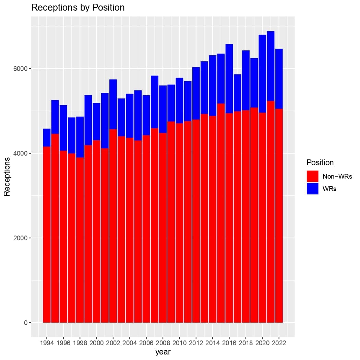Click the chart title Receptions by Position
78,8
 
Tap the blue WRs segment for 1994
47,137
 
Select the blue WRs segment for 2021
271,66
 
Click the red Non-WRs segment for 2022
279,216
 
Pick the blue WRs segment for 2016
229,79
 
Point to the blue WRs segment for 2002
113,105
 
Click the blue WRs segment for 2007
155,102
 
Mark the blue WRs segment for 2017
237,93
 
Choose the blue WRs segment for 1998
80,137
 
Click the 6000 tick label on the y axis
20,69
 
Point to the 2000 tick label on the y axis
20,238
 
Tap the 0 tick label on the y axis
26,323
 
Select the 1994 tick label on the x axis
47,343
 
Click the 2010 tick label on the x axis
179,343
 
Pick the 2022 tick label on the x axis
279,343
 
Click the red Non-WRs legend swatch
312,176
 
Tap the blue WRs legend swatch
312,189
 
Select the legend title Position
320,163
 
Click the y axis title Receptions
7,177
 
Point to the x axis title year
163,352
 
